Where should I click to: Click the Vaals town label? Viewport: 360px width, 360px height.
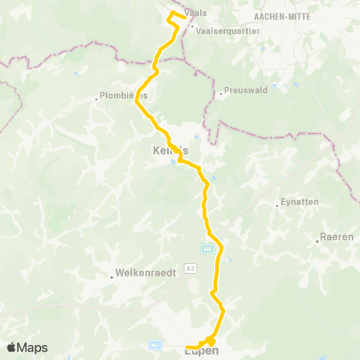coord(197,13)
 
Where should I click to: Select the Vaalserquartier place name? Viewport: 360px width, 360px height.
coord(228,31)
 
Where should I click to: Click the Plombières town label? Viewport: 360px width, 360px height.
coord(126,96)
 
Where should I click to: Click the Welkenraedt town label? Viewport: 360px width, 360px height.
coord(146,274)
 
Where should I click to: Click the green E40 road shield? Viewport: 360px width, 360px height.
coord(208,248)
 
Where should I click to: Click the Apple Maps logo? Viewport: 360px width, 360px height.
coord(27,347)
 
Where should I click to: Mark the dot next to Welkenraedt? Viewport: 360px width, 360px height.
coord(111,276)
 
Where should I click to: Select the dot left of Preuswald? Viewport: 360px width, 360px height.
coord(221,93)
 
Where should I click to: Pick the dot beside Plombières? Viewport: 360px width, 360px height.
coord(97,97)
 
